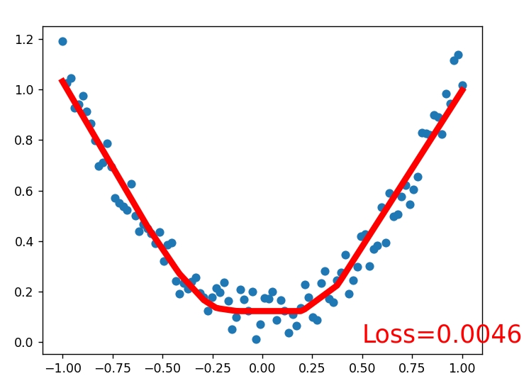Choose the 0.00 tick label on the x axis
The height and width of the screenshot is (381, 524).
[x=262, y=368]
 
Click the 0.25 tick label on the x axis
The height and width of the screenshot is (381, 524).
[x=313, y=368]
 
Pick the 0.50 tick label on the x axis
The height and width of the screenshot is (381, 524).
[x=362, y=368]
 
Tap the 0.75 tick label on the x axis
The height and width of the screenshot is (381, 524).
[x=413, y=368]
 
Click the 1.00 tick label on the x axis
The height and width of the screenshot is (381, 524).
[x=462, y=368]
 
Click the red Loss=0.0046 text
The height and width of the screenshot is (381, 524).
[x=441, y=334]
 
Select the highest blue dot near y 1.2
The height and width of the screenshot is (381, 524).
[x=62, y=41]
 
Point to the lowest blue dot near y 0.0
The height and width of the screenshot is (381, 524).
[x=256, y=339]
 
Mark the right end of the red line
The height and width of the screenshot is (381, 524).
[x=462, y=89]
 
